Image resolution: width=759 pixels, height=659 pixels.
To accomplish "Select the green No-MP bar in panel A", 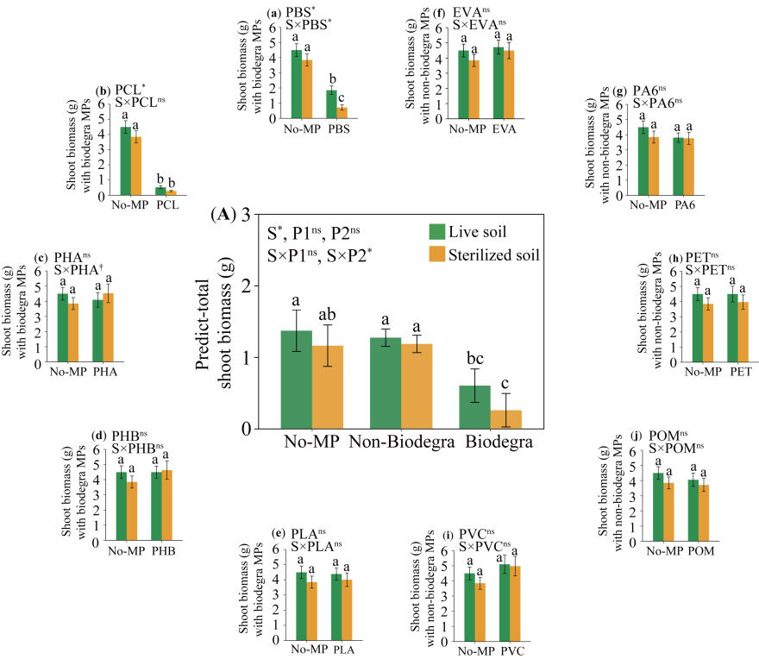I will point(297,380).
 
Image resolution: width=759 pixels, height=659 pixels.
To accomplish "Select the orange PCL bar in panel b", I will point(171,192).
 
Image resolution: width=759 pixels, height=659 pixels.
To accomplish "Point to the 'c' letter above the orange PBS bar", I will point(341,97).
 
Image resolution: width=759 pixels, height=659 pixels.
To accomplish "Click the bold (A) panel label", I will point(221,216).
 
